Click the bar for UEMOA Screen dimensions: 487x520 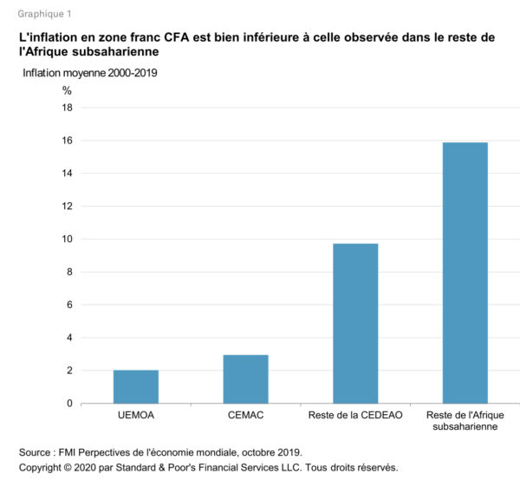pos(136,386)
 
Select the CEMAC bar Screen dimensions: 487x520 pos(245,378)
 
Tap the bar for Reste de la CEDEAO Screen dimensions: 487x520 pos(355,323)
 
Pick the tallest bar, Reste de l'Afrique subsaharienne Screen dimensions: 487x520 pos(465,273)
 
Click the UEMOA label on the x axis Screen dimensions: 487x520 pos(136,417)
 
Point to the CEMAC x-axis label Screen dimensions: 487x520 pos(245,417)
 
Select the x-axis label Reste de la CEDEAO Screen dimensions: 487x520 pos(355,417)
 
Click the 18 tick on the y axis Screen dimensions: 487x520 pos(67,108)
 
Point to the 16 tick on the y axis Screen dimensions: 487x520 pos(67,141)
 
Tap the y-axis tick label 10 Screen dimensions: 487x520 pos(67,240)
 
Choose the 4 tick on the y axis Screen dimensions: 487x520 pos(69,338)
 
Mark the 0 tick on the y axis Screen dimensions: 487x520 pos(69,404)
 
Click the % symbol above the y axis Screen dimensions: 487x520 pos(68,89)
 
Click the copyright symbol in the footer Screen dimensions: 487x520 pos(75,468)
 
